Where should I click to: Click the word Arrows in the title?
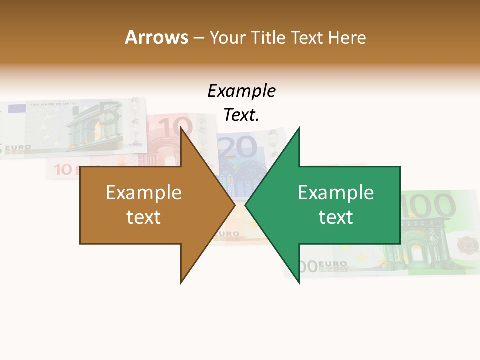156,37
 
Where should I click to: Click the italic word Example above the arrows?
241,91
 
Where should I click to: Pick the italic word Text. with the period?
241,115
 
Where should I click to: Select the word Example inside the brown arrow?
144,193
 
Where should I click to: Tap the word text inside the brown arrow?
144,217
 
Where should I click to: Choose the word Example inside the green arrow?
336,193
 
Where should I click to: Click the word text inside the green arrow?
336,217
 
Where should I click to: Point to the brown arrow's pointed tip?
234,205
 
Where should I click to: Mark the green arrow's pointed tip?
246,205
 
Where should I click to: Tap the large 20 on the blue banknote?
238,147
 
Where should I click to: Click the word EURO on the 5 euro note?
20,148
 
